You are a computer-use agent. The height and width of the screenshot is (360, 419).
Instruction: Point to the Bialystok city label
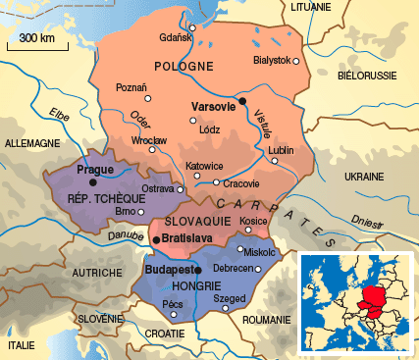click(271, 61)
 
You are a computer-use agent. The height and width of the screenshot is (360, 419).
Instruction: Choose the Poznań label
click(131, 87)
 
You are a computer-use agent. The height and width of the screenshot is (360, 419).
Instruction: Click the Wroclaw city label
click(149, 141)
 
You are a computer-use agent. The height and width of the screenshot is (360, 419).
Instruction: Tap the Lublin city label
click(281, 150)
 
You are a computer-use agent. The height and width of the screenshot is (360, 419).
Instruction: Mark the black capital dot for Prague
click(93, 181)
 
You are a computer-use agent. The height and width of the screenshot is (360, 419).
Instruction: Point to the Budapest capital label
click(168, 268)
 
